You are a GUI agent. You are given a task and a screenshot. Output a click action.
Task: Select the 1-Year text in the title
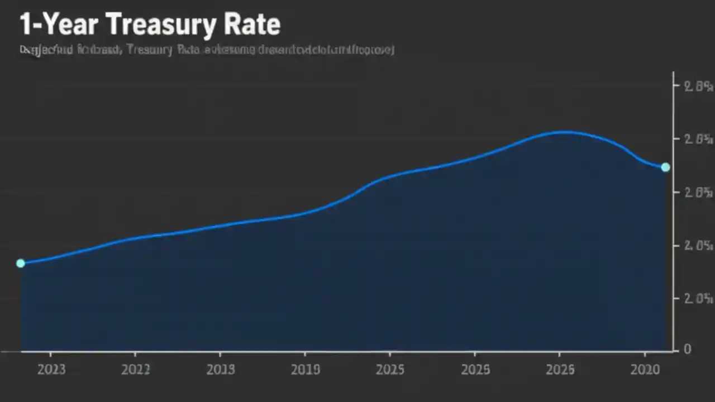tap(58, 25)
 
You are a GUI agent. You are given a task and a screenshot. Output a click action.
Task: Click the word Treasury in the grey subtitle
tap(150, 50)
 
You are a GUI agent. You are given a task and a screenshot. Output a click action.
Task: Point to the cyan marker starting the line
tap(21, 263)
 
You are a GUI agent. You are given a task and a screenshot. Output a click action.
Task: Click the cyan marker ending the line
tap(665, 167)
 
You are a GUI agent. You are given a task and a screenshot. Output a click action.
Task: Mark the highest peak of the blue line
tap(564, 132)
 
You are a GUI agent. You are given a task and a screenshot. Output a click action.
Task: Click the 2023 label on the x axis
tap(51, 370)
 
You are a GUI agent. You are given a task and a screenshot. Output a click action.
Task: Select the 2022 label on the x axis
tap(135, 370)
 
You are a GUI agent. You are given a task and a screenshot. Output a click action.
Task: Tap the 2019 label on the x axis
tap(306, 370)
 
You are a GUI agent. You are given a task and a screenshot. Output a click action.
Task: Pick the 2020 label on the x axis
tap(645, 370)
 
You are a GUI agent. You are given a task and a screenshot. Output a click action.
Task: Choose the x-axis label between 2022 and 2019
tap(220, 370)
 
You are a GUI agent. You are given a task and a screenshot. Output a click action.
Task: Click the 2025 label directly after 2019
tap(390, 370)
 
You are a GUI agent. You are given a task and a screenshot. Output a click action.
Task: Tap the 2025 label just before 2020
tap(560, 370)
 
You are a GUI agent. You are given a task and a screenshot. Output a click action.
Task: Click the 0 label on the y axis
tap(688, 349)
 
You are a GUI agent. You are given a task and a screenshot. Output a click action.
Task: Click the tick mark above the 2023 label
tap(50, 355)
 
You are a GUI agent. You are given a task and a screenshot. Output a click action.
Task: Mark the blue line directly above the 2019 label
tap(306, 213)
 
